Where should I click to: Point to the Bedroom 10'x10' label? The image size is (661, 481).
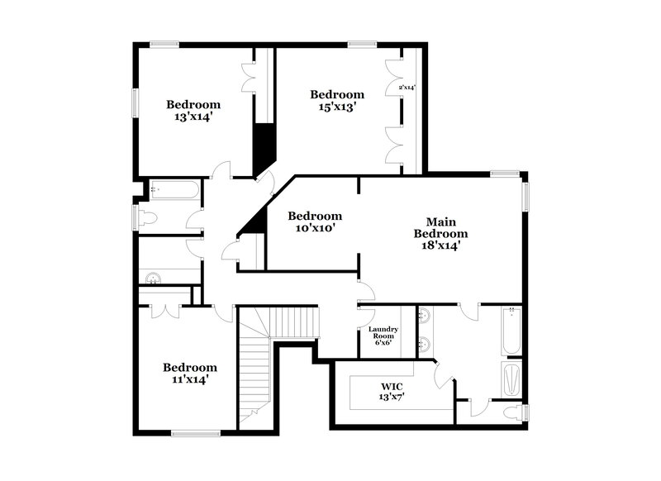click(315, 221)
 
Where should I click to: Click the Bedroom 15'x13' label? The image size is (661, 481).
click(337, 100)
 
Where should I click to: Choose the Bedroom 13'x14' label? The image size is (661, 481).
click(193, 111)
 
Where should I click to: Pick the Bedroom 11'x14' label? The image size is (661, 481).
click(190, 373)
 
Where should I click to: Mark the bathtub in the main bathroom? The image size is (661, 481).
click(510, 331)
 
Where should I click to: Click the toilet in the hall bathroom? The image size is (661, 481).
click(147, 218)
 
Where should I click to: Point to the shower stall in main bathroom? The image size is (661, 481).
click(511, 378)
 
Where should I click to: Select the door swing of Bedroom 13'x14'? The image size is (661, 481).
click(221, 170)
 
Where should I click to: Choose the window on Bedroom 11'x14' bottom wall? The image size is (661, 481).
click(196, 431)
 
